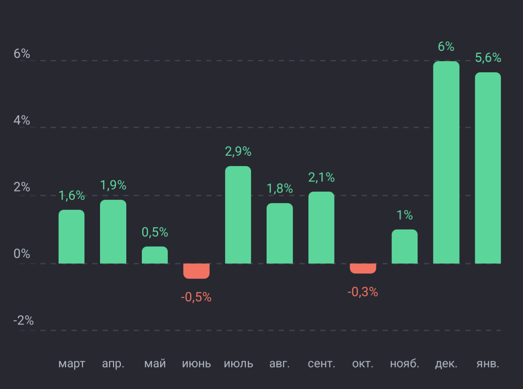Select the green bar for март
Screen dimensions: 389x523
coord(71,237)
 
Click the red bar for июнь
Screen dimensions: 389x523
coord(197,271)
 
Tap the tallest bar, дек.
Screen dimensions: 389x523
coord(446,162)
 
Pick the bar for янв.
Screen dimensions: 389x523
coord(488,168)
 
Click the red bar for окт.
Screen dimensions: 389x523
coord(363,268)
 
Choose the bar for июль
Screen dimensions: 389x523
coord(238,215)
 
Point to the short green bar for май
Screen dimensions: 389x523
coord(155,255)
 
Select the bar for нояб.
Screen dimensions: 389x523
coord(404,246)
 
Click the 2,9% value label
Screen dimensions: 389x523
coord(238,152)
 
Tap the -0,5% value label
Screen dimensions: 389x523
coord(196,298)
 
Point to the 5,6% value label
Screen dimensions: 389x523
coord(488,58)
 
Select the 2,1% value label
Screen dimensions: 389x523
coord(321,177)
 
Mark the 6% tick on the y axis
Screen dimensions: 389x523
coord(22,54)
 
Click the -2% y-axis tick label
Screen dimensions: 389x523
coord(23,321)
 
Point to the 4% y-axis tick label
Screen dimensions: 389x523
coord(22,121)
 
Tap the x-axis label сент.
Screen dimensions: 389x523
coord(321,364)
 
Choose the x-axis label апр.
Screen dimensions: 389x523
coord(113,364)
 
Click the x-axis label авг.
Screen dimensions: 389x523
coord(280,364)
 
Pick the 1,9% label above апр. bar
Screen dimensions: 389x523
coord(113,185)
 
